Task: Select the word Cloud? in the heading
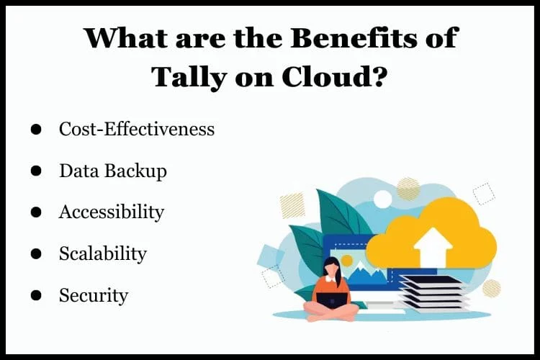pos(333,76)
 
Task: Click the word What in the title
pos(125,37)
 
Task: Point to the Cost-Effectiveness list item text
pos(137,129)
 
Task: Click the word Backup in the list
pos(135,171)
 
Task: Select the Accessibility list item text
pos(112,212)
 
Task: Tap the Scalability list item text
pos(103,254)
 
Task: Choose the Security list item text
pos(94,295)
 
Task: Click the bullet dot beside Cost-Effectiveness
pos(36,129)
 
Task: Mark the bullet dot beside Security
pos(36,295)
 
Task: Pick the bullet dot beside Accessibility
pos(36,212)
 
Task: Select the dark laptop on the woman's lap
pos(331,300)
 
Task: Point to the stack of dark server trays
pos(433,294)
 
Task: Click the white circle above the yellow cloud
pos(382,199)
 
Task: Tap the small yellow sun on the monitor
pos(347,261)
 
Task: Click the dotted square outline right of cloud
pos(484,194)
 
